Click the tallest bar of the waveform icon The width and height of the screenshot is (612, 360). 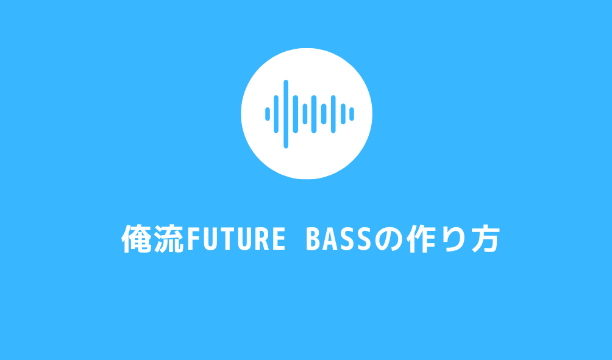click(x=286, y=113)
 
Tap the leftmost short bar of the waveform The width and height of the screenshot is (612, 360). click(x=267, y=113)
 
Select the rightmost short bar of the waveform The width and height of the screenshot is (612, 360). click(x=352, y=113)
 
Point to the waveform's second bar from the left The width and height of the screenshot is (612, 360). click(x=276, y=113)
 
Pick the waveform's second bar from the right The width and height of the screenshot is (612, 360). click(x=343, y=113)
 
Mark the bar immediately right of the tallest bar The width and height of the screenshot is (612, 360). click(x=296, y=113)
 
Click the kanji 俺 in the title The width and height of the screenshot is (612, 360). click(x=137, y=239)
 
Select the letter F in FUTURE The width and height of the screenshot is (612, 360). click(x=192, y=240)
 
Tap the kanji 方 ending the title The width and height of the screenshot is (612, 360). click(x=485, y=239)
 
